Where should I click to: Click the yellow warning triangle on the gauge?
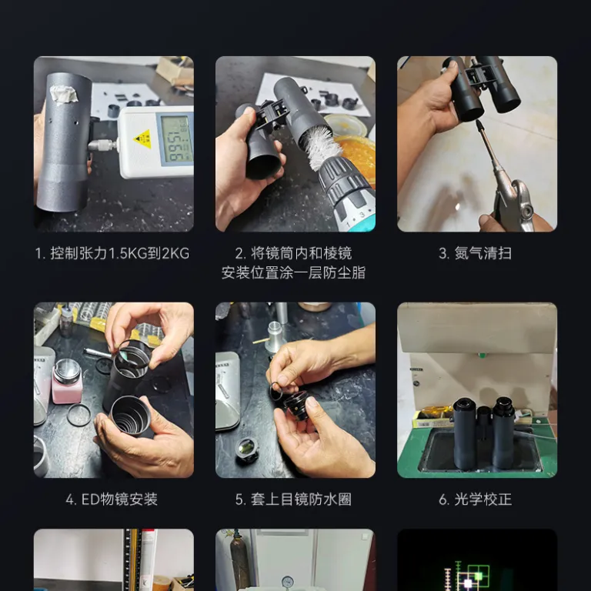click(143, 139)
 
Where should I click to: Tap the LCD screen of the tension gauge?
click(176, 140)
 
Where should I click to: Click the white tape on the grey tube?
click(64, 94)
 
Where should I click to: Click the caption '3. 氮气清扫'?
click(476, 253)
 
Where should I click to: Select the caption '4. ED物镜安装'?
click(112, 499)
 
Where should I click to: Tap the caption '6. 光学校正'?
click(476, 499)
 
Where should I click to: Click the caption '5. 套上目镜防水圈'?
click(294, 499)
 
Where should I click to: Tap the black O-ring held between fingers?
click(276, 391)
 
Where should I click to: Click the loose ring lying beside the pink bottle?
click(78, 415)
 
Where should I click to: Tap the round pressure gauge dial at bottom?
click(287, 582)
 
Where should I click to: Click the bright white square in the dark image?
click(468, 583)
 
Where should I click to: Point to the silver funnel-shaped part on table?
click(275, 335)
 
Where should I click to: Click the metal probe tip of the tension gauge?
click(102, 145)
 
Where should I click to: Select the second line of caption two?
click(294, 273)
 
